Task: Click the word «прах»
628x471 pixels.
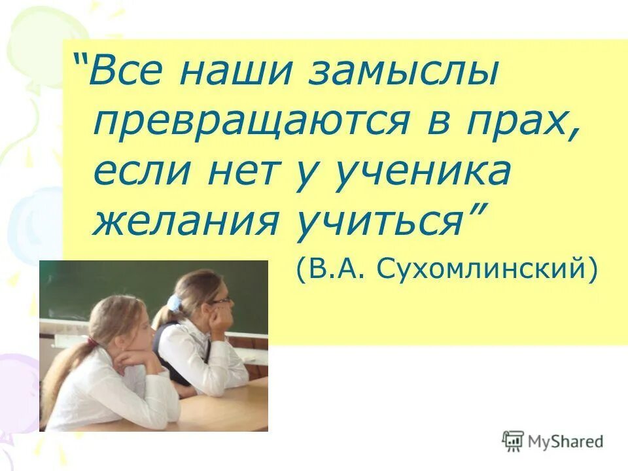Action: (x=523, y=122)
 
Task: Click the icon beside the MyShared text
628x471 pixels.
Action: (x=514, y=441)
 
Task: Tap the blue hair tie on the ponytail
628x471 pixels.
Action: (x=173, y=303)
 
